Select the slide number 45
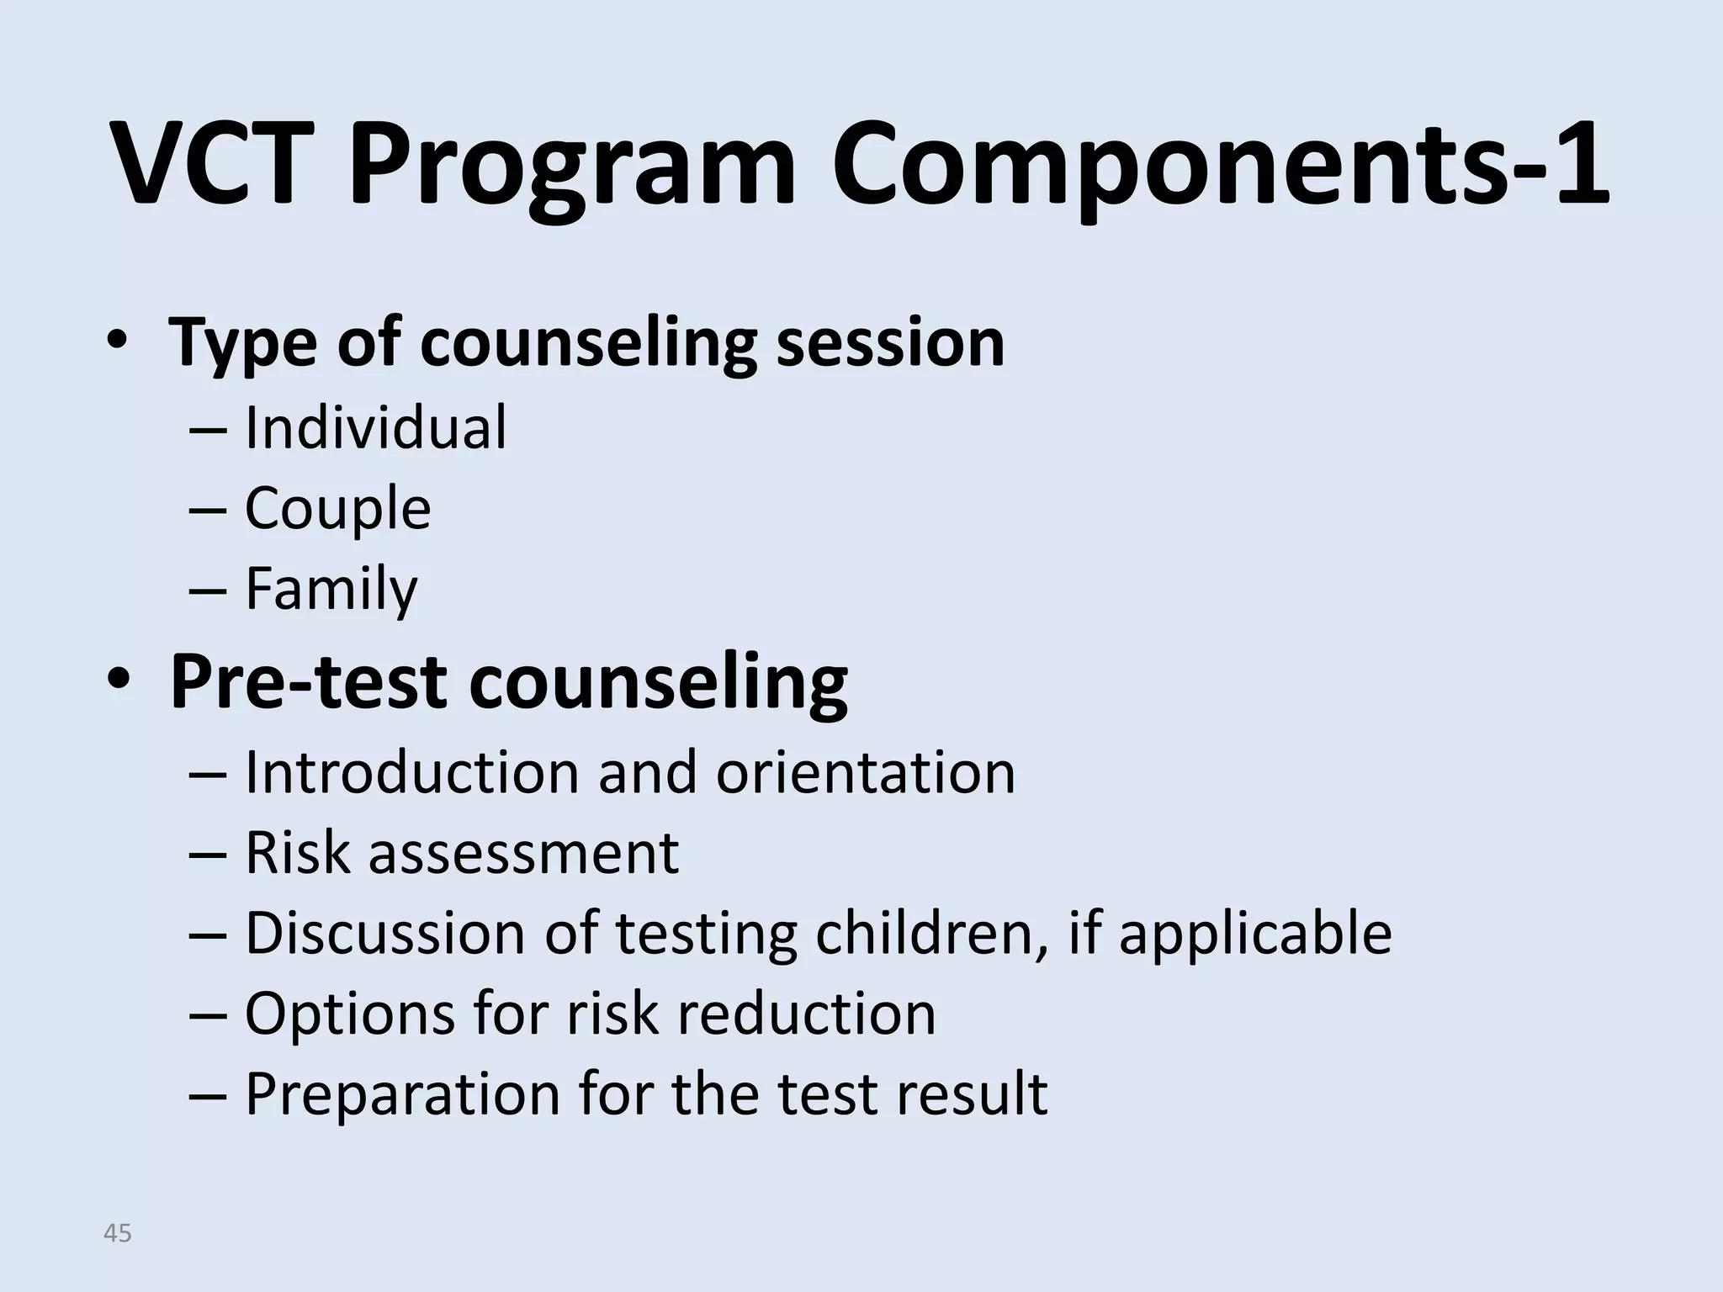(117, 1233)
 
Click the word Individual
(375, 428)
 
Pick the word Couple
(337, 509)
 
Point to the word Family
(331, 589)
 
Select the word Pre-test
(307, 683)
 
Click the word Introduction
(411, 772)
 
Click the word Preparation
(402, 1095)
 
